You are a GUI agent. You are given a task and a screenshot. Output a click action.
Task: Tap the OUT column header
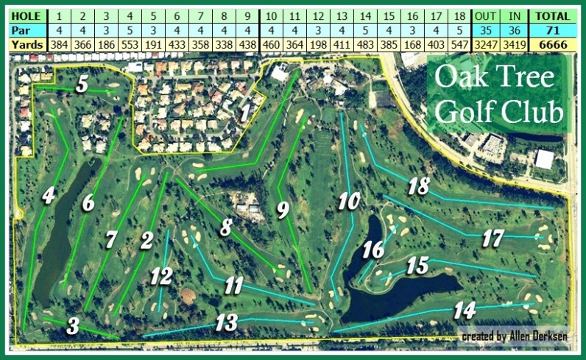tap(485, 15)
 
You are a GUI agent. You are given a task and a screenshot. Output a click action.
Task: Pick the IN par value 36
tap(515, 29)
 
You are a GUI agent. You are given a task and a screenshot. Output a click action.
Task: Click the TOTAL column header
tap(551, 15)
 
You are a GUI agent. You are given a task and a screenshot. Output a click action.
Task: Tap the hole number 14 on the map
tap(464, 309)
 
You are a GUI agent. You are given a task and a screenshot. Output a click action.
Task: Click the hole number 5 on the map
tap(82, 84)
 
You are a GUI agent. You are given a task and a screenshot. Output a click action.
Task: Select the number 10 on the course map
tap(349, 200)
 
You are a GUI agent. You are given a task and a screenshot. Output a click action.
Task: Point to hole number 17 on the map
tap(493, 238)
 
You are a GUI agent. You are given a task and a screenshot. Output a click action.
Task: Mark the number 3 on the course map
tap(73, 325)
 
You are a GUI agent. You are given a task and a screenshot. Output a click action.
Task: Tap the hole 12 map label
tap(161, 277)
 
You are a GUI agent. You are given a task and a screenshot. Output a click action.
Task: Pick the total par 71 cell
tap(551, 29)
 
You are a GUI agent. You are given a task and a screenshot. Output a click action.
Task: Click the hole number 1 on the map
tap(245, 113)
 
